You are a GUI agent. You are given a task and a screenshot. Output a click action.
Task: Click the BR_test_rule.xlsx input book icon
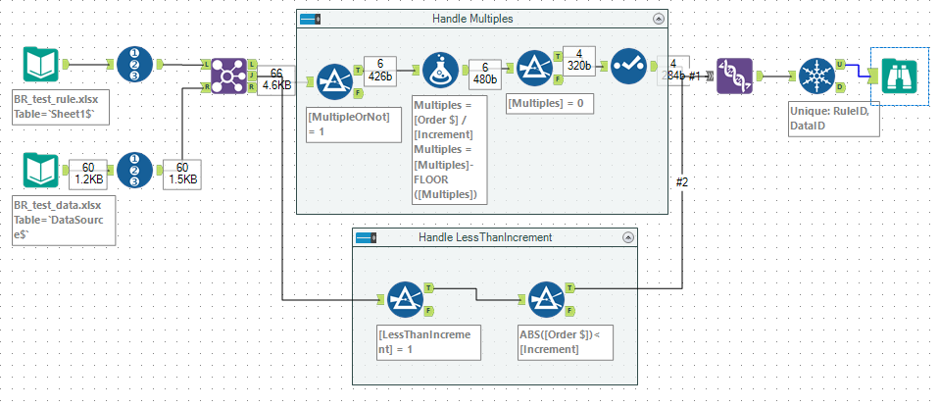coord(44,66)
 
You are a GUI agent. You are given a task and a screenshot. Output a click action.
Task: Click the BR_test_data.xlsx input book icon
coord(44,174)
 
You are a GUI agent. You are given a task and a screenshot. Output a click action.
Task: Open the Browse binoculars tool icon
coord(899,75)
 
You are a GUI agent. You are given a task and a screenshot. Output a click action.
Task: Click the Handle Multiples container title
coord(471,20)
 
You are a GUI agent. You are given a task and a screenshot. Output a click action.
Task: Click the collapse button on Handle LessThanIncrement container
coord(627,237)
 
